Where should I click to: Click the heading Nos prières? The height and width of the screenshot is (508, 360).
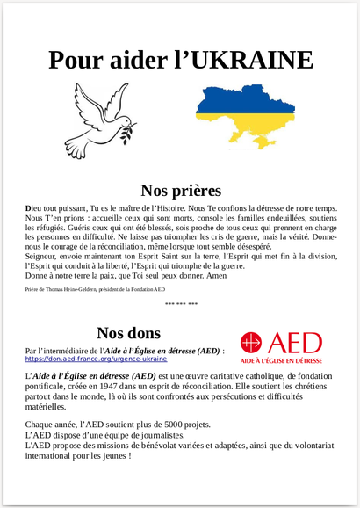(x=181, y=190)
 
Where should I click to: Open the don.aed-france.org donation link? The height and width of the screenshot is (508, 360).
(x=96, y=359)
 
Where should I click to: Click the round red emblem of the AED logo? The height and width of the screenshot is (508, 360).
(x=252, y=343)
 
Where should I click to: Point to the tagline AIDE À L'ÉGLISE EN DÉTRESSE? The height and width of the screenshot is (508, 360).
(x=281, y=361)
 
